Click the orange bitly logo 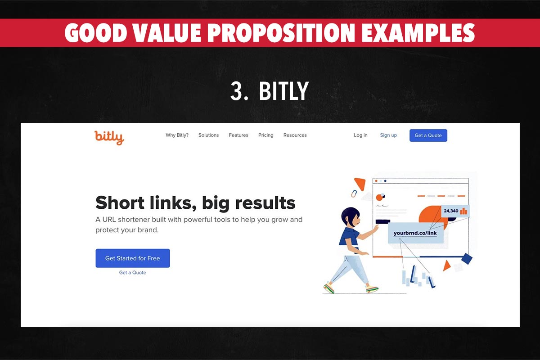pyautogui.click(x=109, y=137)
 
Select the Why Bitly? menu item pyautogui.click(x=177, y=135)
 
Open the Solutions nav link pyautogui.click(x=208, y=135)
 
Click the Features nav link pyautogui.click(x=238, y=135)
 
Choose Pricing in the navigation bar pyautogui.click(x=265, y=135)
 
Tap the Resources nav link pyautogui.click(x=295, y=135)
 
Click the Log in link pyautogui.click(x=360, y=135)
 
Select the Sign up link pyautogui.click(x=388, y=135)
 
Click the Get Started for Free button pyautogui.click(x=132, y=258)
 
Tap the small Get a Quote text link pyautogui.click(x=132, y=273)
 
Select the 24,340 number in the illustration pyautogui.click(x=451, y=211)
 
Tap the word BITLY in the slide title pyautogui.click(x=283, y=91)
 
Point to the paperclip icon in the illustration pyautogui.click(x=354, y=193)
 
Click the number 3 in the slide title pyautogui.click(x=237, y=91)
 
